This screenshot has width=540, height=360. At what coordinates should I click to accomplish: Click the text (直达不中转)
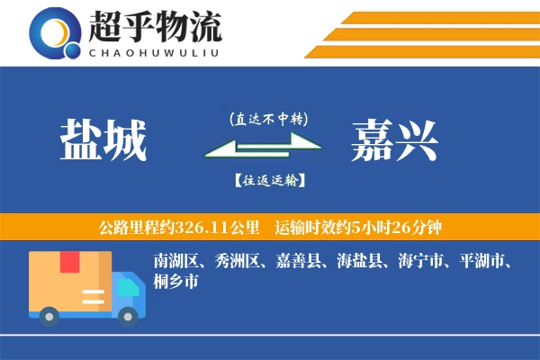pos(268,119)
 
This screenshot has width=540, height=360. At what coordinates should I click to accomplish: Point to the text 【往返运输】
pos(268,180)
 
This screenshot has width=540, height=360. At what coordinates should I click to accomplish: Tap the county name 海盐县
pos(358,262)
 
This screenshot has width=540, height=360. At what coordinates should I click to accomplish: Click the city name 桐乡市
pos(175,282)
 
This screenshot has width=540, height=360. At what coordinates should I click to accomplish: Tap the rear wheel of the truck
pos(49,316)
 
